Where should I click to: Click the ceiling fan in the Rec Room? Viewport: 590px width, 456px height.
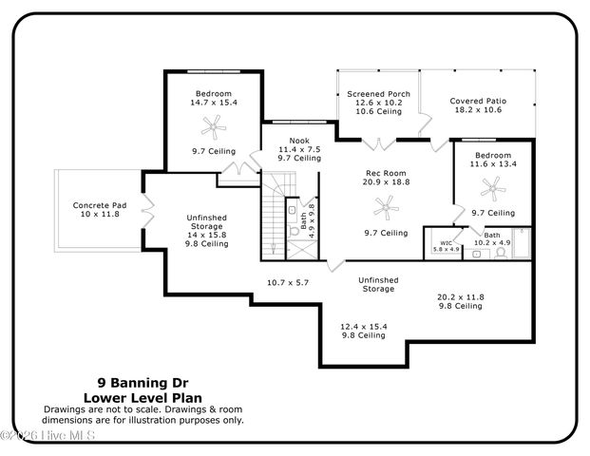coord(386,204)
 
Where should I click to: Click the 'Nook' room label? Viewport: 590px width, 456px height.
coord(299,140)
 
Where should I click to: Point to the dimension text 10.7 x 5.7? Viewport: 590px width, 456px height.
coord(287,282)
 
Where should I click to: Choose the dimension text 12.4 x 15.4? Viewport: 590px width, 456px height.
coord(364,326)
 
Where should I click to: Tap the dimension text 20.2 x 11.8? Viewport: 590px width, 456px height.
coord(460,297)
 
